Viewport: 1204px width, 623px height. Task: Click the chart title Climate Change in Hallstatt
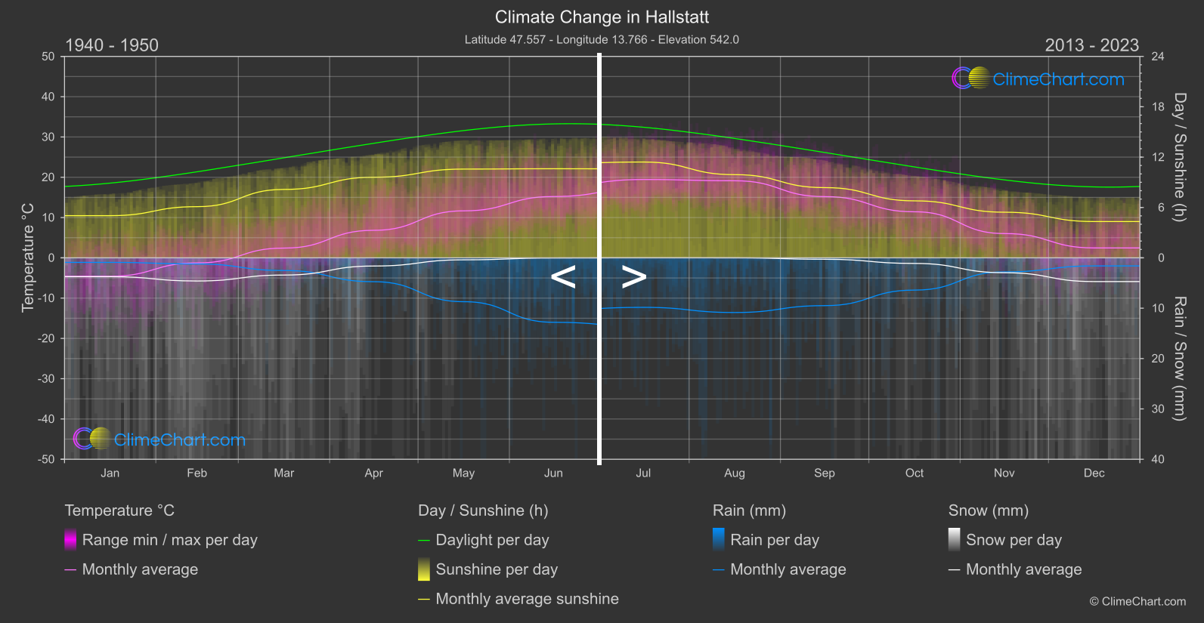(x=602, y=17)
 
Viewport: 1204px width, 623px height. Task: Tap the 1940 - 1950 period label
(x=112, y=45)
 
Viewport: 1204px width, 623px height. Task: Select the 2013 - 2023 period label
(x=1091, y=45)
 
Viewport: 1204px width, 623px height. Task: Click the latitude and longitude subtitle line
(x=602, y=39)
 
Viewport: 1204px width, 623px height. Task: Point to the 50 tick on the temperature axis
(x=48, y=57)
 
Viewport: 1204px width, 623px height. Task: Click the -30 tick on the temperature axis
(x=47, y=378)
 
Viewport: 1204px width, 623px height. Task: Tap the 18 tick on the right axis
(x=1158, y=107)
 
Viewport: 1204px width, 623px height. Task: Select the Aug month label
(x=734, y=473)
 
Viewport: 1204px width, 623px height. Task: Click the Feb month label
(x=197, y=473)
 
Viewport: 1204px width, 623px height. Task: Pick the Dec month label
(x=1094, y=473)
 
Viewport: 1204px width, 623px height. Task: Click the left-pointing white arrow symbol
(x=563, y=277)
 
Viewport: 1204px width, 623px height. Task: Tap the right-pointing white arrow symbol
(x=634, y=277)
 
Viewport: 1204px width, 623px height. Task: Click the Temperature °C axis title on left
(x=28, y=257)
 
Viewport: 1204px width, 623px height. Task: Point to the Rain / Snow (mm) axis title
(x=1179, y=358)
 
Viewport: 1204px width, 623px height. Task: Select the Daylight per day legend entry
(x=492, y=540)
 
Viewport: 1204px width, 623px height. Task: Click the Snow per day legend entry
(x=1014, y=540)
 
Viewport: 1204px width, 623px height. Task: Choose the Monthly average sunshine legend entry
(x=527, y=599)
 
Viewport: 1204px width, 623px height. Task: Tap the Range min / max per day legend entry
(x=169, y=540)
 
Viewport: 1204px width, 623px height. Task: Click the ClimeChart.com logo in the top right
(x=1038, y=79)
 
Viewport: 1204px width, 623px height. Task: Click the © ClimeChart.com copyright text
(x=1137, y=601)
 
